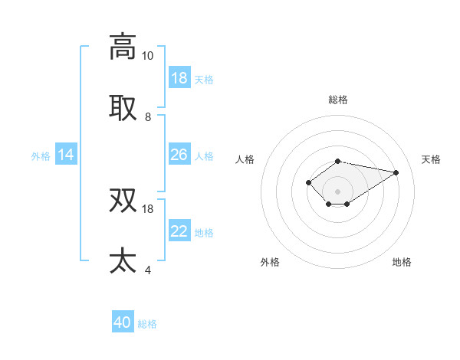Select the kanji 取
click(x=123, y=108)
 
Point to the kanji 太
click(x=123, y=260)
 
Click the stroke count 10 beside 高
click(x=147, y=55)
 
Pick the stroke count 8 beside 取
click(x=147, y=117)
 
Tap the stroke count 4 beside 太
click(x=147, y=270)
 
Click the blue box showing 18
click(x=179, y=78)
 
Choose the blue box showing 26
click(x=179, y=155)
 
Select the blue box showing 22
click(x=179, y=232)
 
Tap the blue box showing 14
click(x=66, y=155)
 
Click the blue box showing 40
click(x=123, y=323)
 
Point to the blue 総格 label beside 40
click(x=147, y=324)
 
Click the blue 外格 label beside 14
click(x=41, y=156)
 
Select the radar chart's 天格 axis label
click(x=431, y=159)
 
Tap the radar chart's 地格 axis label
click(x=402, y=262)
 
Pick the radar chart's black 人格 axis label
click(x=245, y=159)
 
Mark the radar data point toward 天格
click(x=396, y=172)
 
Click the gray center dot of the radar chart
click(x=337, y=191)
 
